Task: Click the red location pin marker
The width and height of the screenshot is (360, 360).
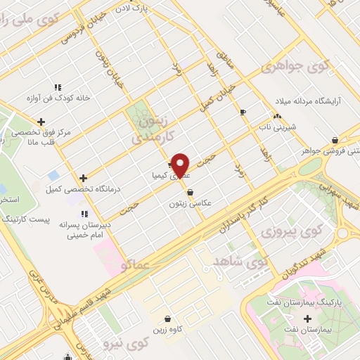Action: tap(181, 165)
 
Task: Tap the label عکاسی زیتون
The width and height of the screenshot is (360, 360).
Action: tap(190, 203)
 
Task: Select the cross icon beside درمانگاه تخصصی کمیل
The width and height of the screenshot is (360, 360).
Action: tap(83, 178)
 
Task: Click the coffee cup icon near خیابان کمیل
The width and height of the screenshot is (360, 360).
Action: tap(243, 112)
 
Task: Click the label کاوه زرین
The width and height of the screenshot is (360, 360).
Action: tap(167, 330)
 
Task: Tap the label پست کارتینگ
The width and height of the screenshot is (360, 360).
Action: tap(45, 221)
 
